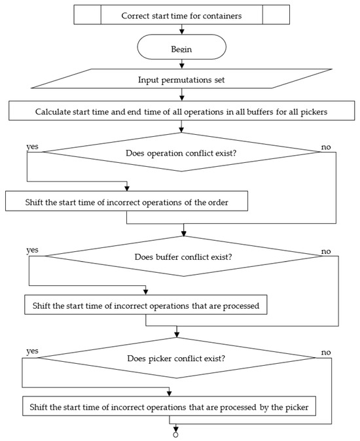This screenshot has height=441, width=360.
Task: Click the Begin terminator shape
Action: point(182,46)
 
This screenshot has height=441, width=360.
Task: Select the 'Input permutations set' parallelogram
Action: point(182,79)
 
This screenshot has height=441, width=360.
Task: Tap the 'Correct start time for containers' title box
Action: point(182,14)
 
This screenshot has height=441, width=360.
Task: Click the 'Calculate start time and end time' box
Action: point(182,111)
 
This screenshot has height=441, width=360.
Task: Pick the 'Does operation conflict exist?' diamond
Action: point(182,152)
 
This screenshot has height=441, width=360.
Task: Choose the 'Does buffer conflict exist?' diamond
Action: point(183,256)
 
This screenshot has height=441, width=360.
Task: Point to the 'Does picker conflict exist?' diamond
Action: point(176,358)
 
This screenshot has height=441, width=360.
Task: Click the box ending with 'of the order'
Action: point(126,201)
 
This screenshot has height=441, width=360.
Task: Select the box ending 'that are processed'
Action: point(146,305)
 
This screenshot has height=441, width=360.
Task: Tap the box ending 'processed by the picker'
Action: point(169,406)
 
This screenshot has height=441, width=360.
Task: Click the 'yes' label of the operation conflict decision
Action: point(32,147)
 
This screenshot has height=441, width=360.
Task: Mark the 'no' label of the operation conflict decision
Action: point(326,147)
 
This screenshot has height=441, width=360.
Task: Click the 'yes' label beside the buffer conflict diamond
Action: point(32,251)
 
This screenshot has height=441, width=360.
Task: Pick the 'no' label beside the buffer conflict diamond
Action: point(326,251)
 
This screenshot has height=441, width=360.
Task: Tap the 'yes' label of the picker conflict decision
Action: point(32,351)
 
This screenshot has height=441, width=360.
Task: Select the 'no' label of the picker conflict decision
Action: point(326,352)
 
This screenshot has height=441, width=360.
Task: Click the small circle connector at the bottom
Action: point(176,435)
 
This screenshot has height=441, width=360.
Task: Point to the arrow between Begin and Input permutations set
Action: point(182,64)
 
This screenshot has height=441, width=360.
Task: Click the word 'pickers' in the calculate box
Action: point(314,112)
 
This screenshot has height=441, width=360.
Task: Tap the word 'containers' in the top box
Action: point(222,16)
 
